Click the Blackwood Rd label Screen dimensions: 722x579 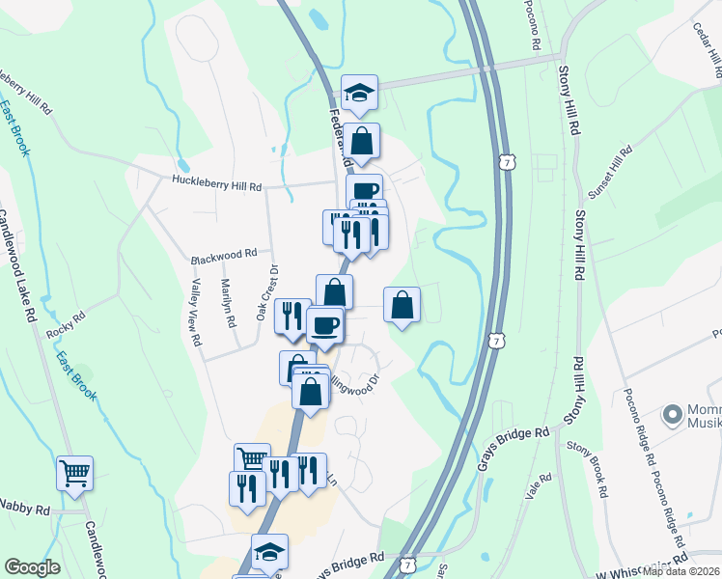click(223, 255)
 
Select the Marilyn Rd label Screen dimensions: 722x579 click(228, 303)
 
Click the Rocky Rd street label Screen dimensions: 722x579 click(66, 326)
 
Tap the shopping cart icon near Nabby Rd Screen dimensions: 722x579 click(74, 473)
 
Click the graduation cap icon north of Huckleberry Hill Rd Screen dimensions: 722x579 click(359, 93)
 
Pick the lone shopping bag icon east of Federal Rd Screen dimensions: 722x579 click(402, 305)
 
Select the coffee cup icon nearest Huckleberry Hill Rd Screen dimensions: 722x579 click(364, 190)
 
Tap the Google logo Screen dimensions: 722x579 click(32, 567)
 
